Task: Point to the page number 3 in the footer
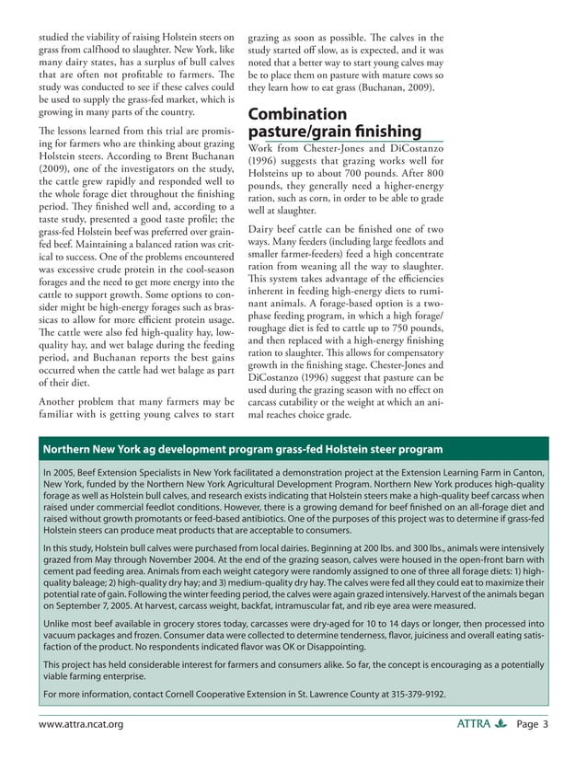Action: click(x=545, y=724)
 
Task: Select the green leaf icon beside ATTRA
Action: click(x=501, y=724)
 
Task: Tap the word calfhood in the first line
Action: click(x=99, y=48)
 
